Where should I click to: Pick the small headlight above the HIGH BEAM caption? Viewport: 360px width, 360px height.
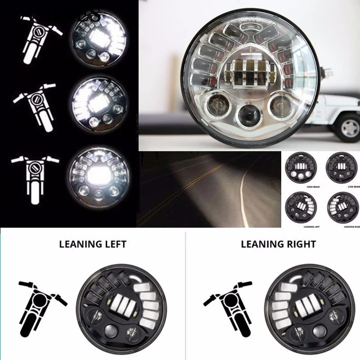click(301, 167)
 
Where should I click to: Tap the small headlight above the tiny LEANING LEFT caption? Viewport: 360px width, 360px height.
click(301, 207)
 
